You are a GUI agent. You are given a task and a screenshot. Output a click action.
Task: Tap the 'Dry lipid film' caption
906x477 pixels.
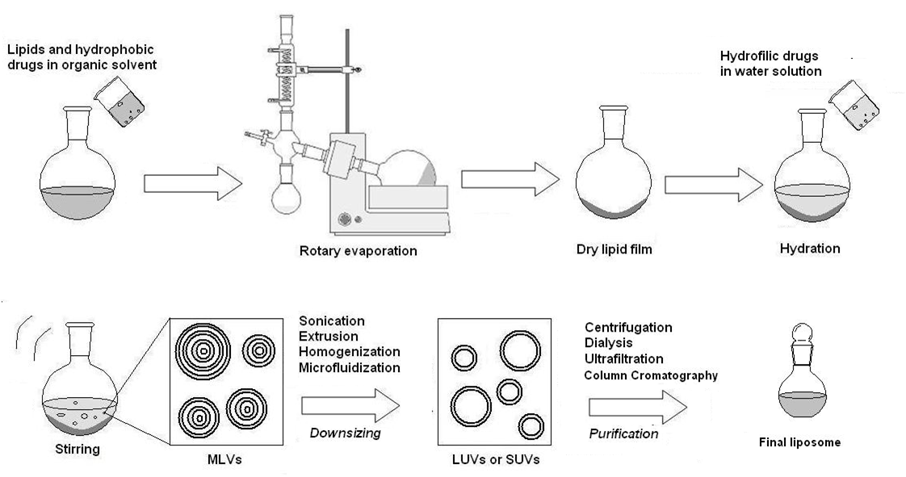pyautogui.click(x=614, y=250)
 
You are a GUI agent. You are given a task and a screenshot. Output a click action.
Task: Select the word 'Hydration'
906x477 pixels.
pyautogui.click(x=810, y=249)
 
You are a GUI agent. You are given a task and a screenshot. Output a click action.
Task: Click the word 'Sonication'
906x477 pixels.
pyautogui.click(x=332, y=321)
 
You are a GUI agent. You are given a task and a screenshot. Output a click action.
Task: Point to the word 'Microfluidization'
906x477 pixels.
pyautogui.click(x=349, y=367)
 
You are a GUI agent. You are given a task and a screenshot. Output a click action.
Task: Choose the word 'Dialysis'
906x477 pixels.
pyautogui.click(x=609, y=343)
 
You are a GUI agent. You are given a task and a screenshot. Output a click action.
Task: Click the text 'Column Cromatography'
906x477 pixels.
pyautogui.click(x=651, y=375)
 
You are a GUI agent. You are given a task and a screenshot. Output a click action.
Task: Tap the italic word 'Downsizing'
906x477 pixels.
pyautogui.click(x=345, y=433)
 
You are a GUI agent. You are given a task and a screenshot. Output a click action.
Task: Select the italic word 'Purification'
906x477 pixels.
pyautogui.click(x=623, y=433)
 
